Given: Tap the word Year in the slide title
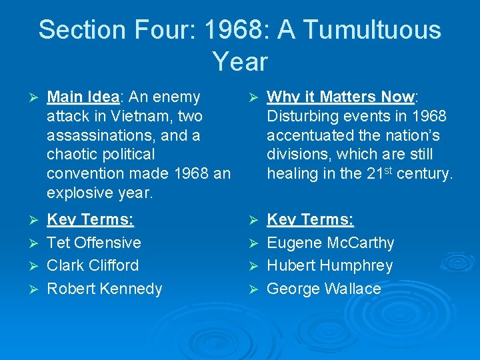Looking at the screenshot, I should [x=240, y=61].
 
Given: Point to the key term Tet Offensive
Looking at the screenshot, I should [x=94, y=243].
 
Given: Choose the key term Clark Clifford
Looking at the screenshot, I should [x=93, y=265].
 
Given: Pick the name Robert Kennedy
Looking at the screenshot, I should [x=105, y=289].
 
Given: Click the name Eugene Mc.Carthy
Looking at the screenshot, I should [x=330, y=243].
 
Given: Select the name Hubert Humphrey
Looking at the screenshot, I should [x=329, y=265].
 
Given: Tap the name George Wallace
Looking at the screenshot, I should [x=323, y=289].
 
